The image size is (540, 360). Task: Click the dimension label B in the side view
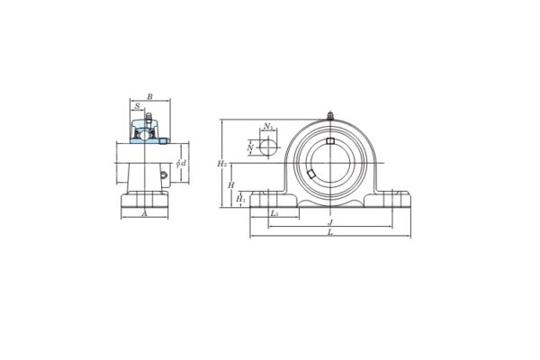(x=149, y=96)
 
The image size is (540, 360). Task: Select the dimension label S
(x=138, y=106)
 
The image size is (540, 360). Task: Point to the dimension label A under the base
(x=144, y=214)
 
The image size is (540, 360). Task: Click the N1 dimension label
(x=269, y=128)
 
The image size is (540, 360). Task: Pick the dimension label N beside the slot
(x=250, y=147)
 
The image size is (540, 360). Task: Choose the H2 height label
(x=221, y=164)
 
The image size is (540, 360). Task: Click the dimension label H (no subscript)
(x=231, y=184)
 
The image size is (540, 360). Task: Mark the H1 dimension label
(x=240, y=199)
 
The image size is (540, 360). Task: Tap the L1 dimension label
(x=274, y=213)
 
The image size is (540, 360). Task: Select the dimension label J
(x=330, y=221)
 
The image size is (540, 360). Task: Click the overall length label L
(x=330, y=232)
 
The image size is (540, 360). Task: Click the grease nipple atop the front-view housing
(x=330, y=115)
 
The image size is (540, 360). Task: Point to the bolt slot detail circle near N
(x=268, y=147)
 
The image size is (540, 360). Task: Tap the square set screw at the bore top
(x=330, y=140)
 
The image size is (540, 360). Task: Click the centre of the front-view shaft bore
(x=330, y=162)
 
